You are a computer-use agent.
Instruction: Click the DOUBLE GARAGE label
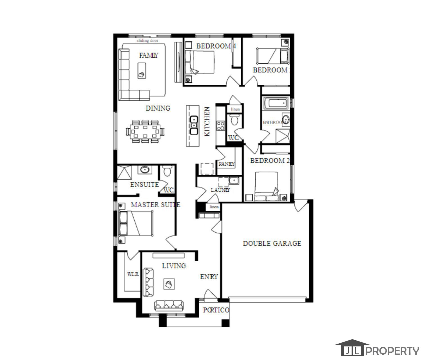click(x=272, y=244)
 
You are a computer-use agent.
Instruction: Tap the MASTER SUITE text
click(x=155, y=205)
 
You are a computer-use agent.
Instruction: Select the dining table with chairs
click(x=145, y=131)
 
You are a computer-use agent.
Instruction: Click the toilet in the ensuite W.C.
click(x=167, y=171)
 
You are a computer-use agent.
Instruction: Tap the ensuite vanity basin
click(x=145, y=170)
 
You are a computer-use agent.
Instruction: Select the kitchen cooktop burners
click(x=221, y=126)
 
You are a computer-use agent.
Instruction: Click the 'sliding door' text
click(x=147, y=40)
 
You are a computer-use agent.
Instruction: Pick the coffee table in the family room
click(x=142, y=71)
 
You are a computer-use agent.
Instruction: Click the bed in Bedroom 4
click(x=200, y=62)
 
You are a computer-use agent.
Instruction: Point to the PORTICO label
click(x=216, y=310)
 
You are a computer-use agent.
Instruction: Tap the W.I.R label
click(x=133, y=274)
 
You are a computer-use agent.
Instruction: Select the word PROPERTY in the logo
click(x=393, y=351)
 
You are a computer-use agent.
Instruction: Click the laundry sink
click(x=234, y=180)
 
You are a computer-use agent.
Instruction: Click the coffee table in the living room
click(x=169, y=284)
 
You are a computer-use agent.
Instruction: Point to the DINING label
click(x=158, y=108)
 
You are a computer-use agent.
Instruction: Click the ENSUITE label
click(x=145, y=184)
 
